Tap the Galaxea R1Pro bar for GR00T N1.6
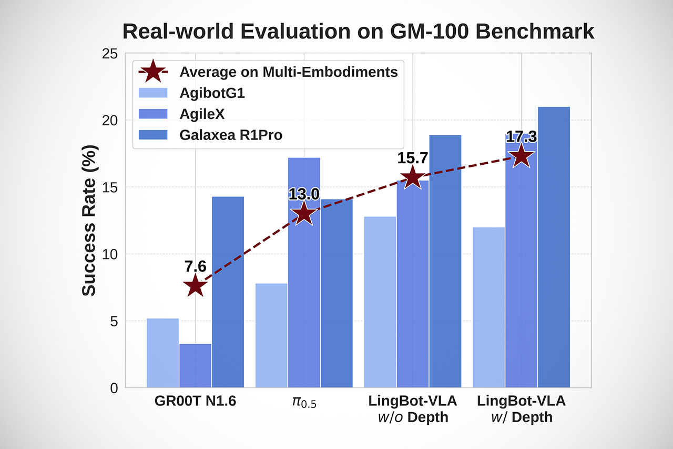(228, 292)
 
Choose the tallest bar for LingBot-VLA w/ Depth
(554, 247)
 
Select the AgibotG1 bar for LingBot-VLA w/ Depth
(488, 308)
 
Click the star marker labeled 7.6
(195, 286)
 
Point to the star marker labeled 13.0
(304, 214)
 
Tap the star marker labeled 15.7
(413, 178)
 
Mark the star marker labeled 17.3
(521, 156)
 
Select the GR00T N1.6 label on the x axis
(195, 402)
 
